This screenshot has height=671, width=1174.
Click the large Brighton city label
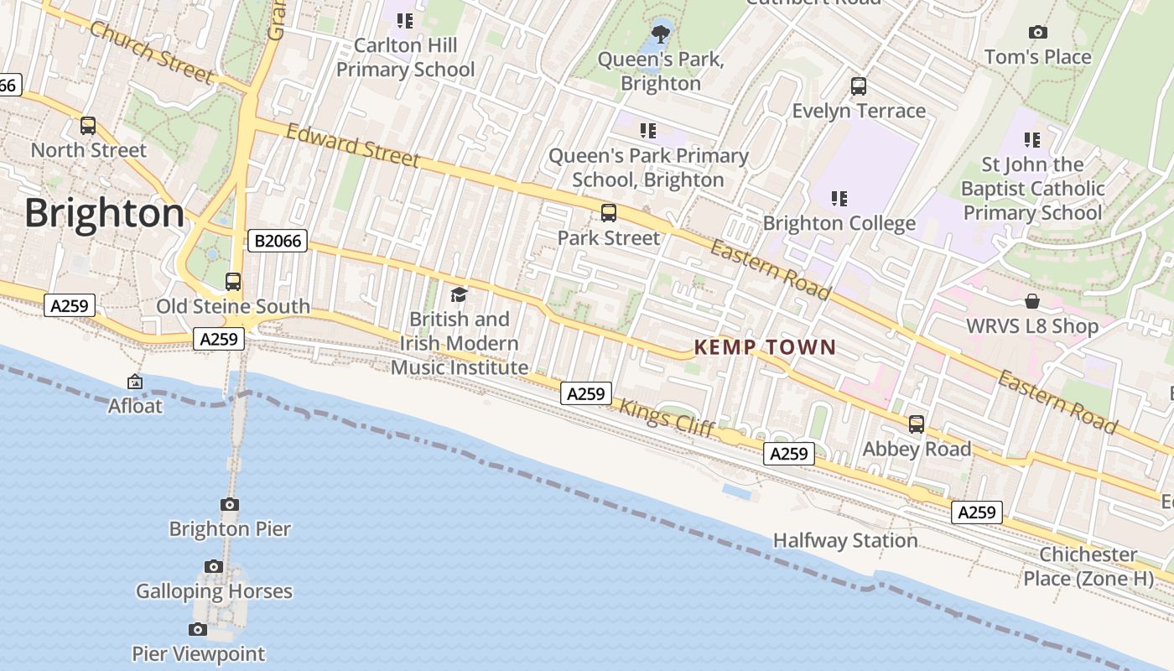[x=104, y=214]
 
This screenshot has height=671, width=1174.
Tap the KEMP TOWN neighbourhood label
[x=765, y=347]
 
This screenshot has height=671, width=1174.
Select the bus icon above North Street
[x=88, y=126]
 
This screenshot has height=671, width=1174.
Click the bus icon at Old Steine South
[x=233, y=282]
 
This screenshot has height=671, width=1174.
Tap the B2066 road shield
[x=278, y=242]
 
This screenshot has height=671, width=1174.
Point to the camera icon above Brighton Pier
[x=230, y=504]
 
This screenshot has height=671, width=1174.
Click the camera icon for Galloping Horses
[x=214, y=566]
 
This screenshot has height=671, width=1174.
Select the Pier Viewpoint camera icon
[x=198, y=629]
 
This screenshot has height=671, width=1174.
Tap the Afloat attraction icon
[x=135, y=382]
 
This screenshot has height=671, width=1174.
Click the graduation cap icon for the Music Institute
[x=459, y=294]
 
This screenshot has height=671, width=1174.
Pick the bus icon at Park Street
[x=609, y=213]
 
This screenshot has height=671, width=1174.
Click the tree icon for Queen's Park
[x=661, y=34]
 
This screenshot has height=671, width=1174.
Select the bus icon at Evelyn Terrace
[x=859, y=86]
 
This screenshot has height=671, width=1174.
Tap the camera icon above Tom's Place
[x=1038, y=33]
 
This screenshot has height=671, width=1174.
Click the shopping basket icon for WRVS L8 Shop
[x=1032, y=301]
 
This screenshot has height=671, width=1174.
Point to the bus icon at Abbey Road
[x=917, y=424]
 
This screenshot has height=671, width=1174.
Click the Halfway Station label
[x=844, y=540]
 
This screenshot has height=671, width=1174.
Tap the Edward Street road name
[x=352, y=144]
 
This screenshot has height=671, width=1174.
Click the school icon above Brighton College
[x=839, y=199]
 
